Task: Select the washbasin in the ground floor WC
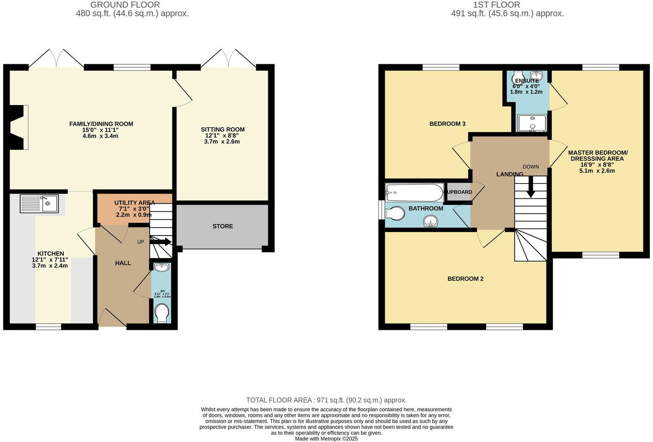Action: pos(162,267)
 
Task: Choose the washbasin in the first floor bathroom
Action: pos(431,221)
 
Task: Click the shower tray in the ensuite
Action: pos(532,123)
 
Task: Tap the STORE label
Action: pos(222,226)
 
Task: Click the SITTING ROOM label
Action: pos(222,130)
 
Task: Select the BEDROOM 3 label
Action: pos(447,124)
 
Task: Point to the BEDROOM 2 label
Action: pos(465,279)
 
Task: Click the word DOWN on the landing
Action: pos(531,167)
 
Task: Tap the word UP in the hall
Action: pos(140,242)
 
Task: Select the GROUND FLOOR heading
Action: pos(125,5)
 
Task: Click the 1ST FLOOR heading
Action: pos(496,5)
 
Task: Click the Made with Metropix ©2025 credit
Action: pos(326,439)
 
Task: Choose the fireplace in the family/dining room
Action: pos(18,127)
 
